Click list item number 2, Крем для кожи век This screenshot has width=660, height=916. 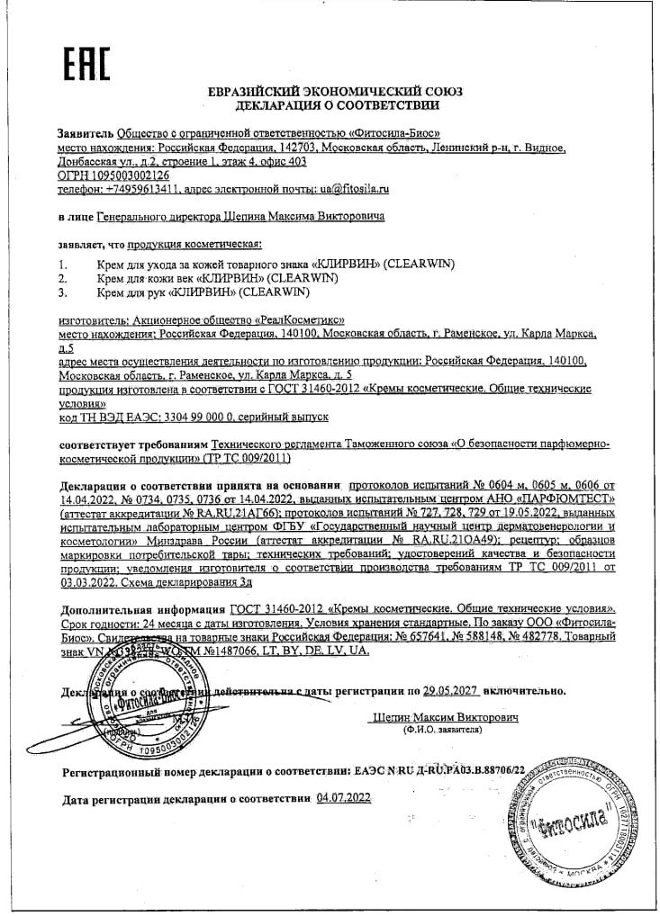coord(216,278)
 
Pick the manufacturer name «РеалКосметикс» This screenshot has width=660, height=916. coord(300,319)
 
